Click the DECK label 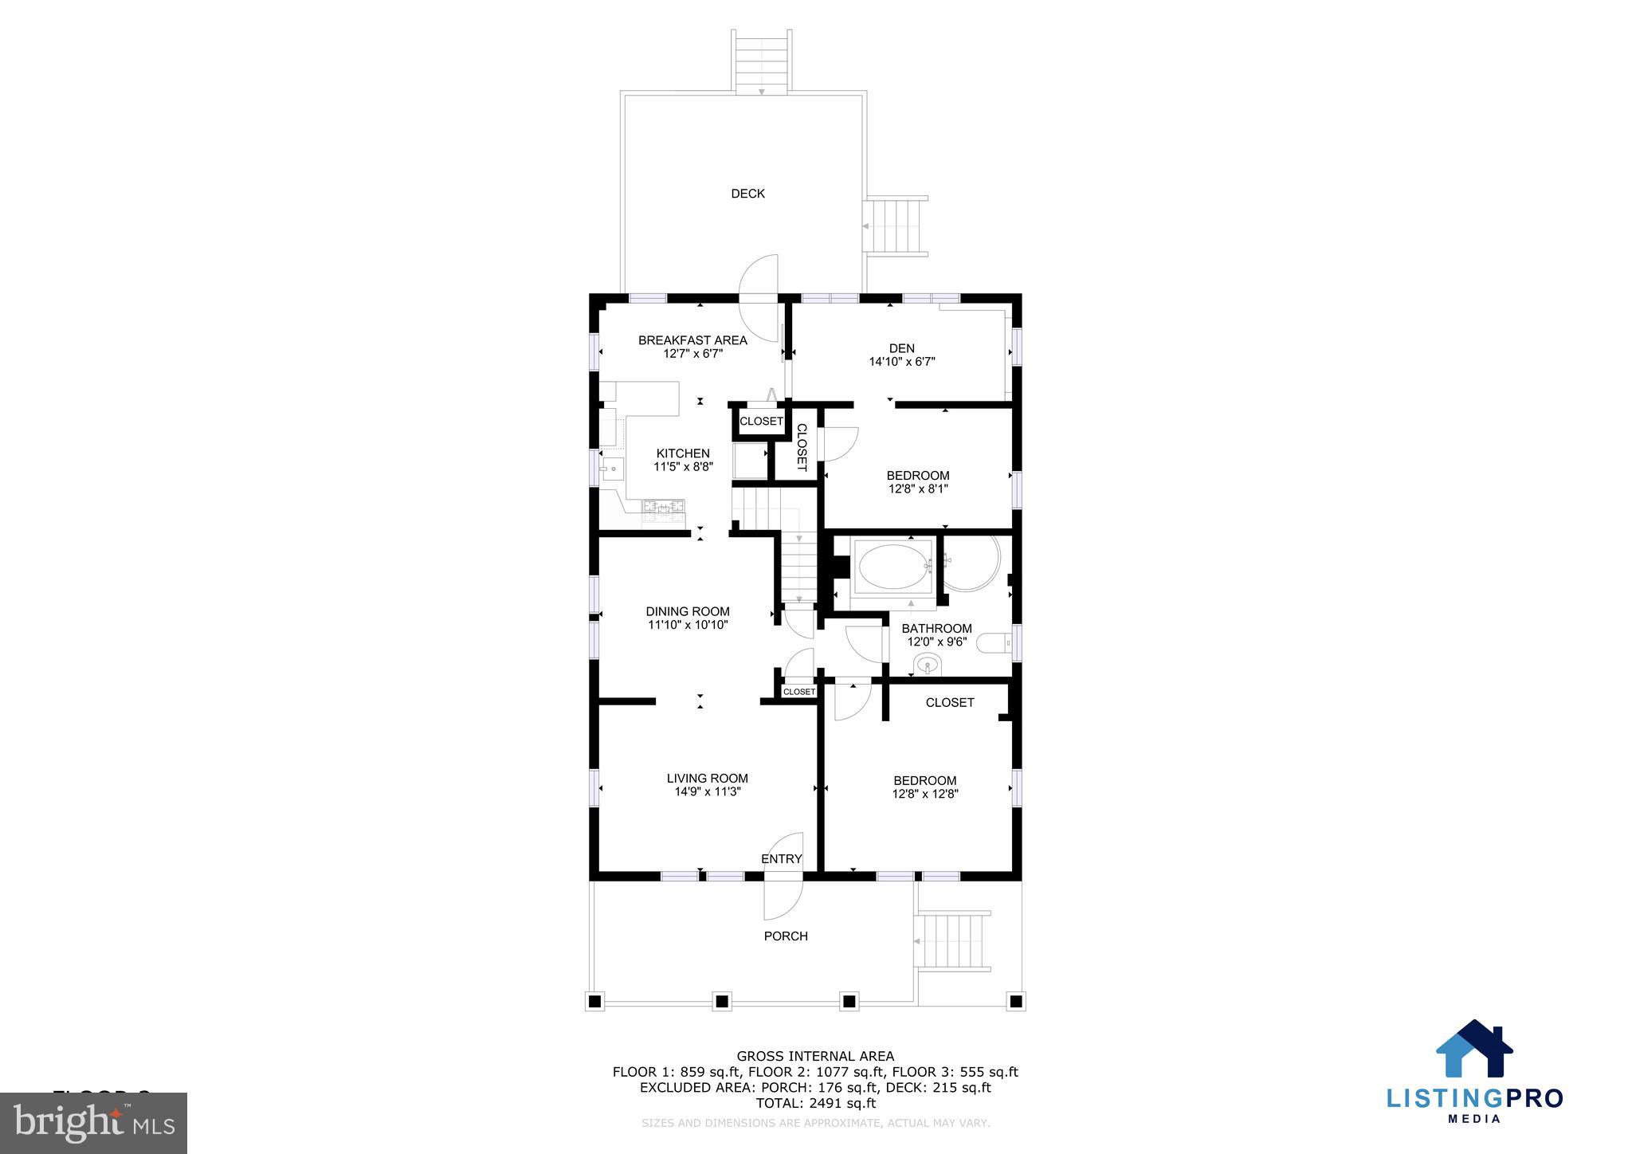[x=747, y=194]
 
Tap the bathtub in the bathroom [x=895, y=567]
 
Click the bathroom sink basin [x=927, y=663]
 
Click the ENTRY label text [x=781, y=859]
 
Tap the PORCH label [x=786, y=936]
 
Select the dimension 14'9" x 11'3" [x=708, y=792]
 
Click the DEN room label [x=901, y=348]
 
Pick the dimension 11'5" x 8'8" [x=683, y=467]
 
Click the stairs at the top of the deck [x=762, y=62]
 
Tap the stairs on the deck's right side [x=897, y=226]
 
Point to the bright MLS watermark [x=94, y=1123]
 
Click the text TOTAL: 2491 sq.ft [x=815, y=1103]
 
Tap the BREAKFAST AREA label [x=692, y=340]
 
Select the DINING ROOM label [x=687, y=611]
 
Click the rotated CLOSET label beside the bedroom [x=802, y=447]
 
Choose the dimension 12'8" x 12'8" [x=924, y=794]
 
